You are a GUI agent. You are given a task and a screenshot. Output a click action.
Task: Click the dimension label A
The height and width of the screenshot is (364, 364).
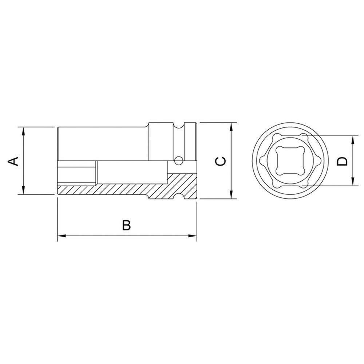(13, 161)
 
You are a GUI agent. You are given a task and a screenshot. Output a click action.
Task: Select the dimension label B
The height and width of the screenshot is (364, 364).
(126, 225)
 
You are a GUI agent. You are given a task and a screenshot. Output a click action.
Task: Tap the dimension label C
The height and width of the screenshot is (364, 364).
(221, 161)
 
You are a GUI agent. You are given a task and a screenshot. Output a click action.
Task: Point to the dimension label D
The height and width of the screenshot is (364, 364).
(342, 161)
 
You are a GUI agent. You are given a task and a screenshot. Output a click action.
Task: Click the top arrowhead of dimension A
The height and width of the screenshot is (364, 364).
(23, 130)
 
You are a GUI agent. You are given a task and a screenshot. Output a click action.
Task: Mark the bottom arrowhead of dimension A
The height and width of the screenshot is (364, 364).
(23, 191)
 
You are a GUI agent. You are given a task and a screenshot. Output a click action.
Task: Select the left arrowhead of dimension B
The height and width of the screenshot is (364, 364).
(61, 237)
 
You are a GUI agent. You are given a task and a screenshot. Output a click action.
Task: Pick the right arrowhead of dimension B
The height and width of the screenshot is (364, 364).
(193, 237)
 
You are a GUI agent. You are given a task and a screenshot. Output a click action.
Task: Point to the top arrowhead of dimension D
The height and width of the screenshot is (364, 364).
(352, 139)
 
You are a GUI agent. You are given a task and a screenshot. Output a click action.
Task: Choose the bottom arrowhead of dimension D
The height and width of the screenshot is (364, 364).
(352, 183)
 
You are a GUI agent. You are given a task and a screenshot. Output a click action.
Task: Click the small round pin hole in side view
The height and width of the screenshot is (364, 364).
(178, 160)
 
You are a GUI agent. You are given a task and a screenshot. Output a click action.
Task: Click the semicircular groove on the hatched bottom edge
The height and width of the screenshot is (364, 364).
(178, 197)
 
